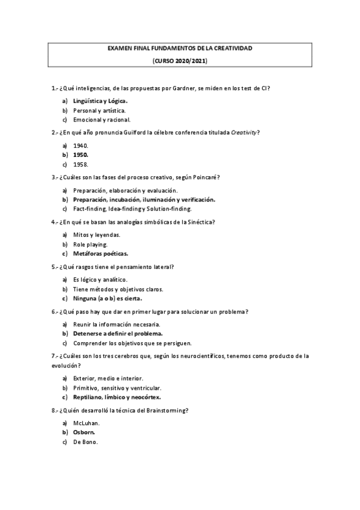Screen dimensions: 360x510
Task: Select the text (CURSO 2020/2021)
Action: (x=180, y=61)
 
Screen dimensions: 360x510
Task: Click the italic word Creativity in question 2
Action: (x=245, y=132)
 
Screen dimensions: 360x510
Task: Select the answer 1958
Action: (x=81, y=164)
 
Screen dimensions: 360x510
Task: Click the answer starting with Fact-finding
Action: (x=132, y=209)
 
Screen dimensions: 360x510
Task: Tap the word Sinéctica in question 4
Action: (x=198, y=221)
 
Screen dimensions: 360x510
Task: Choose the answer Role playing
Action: (x=90, y=244)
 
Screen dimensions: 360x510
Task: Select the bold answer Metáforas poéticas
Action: (x=100, y=253)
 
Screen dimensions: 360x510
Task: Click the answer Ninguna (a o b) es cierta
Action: (x=108, y=298)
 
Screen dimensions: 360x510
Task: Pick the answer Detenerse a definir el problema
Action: (x=118, y=333)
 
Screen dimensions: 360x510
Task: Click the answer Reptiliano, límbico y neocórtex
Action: (x=117, y=397)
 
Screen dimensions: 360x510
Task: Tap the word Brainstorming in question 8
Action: (x=165, y=410)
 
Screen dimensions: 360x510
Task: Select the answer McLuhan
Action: (x=86, y=423)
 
